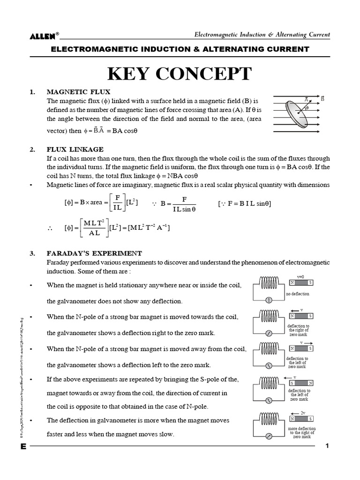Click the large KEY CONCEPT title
(x=180, y=74)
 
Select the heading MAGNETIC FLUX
(x=78, y=92)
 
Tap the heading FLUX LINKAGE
(x=75, y=150)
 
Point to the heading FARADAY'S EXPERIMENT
(x=94, y=253)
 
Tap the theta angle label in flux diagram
(x=307, y=108)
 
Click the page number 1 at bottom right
(x=328, y=446)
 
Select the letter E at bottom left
(x=23, y=447)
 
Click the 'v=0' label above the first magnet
(x=300, y=277)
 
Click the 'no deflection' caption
(x=298, y=294)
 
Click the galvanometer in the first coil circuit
(x=269, y=300)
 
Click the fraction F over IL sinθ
(x=184, y=204)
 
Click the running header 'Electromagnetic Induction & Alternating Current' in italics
(x=262, y=35)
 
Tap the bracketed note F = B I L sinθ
(x=245, y=203)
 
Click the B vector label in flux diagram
(x=322, y=98)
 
